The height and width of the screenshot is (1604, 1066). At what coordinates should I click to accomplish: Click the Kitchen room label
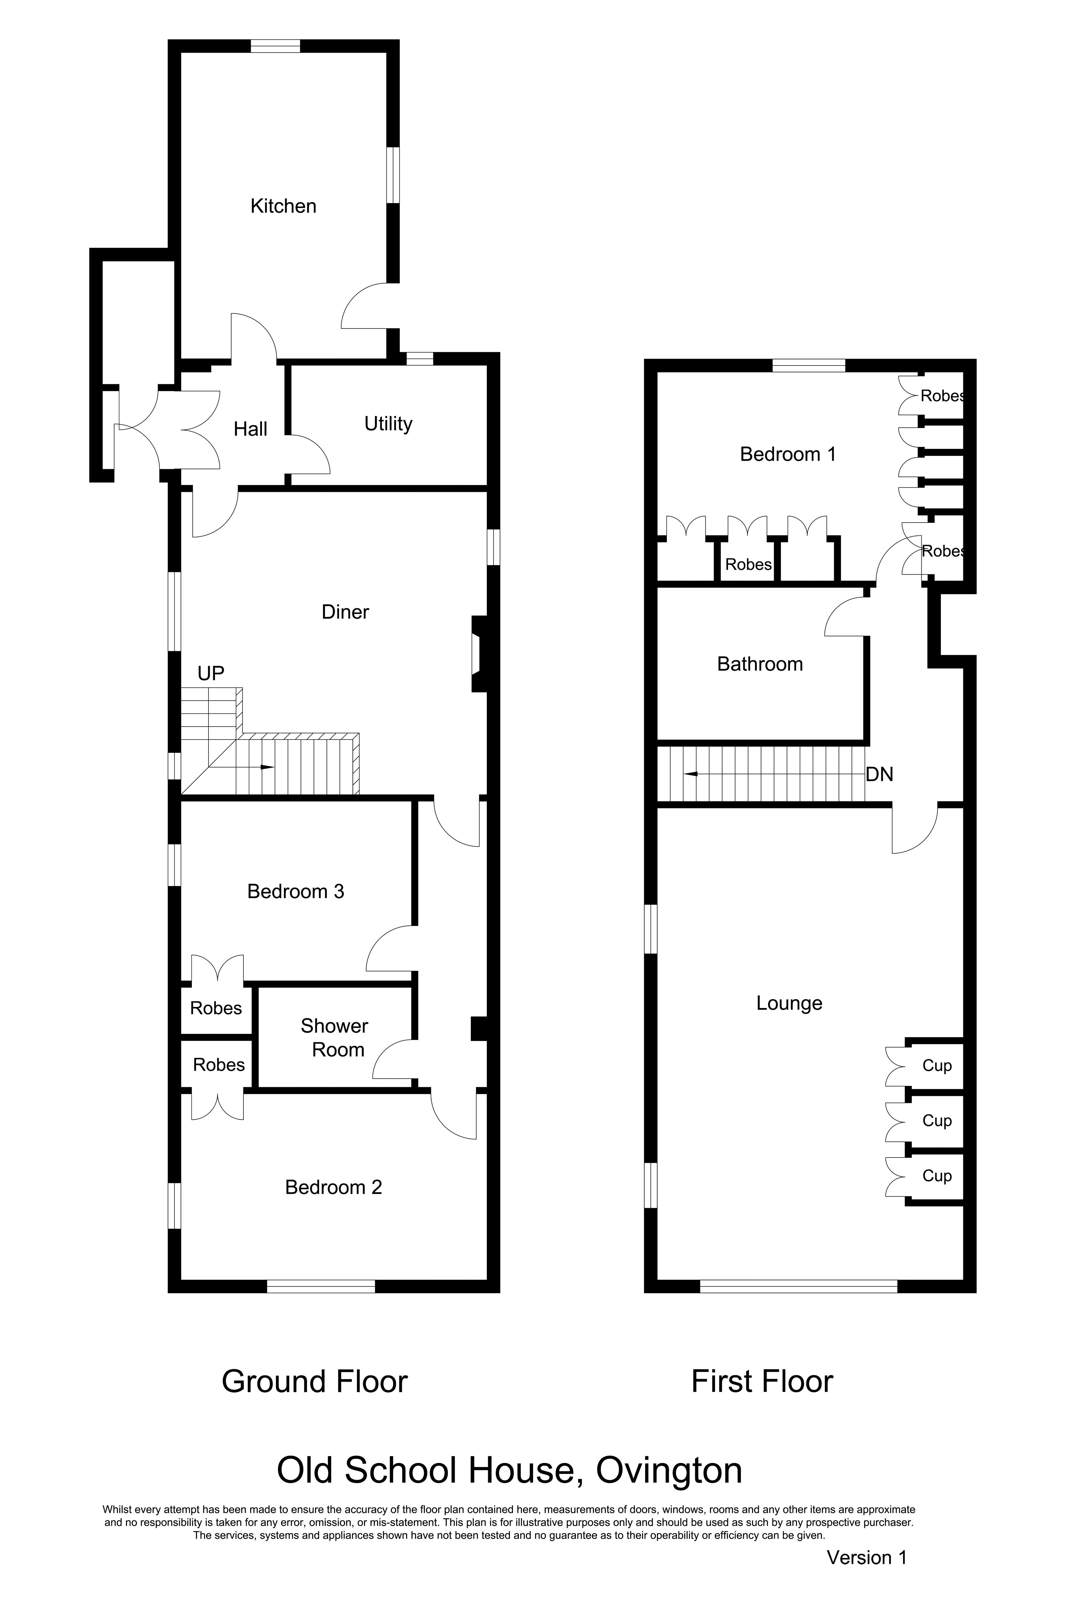click(283, 206)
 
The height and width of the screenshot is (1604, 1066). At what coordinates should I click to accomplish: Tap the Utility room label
click(388, 424)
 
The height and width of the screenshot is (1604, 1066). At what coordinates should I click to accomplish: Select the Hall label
click(250, 429)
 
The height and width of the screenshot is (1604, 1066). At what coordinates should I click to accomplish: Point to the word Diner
click(345, 612)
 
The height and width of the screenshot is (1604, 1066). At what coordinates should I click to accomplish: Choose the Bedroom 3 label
click(296, 892)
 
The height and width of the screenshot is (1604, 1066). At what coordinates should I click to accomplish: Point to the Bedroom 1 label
click(788, 454)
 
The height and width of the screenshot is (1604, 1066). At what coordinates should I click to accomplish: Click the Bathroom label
click(760, 664)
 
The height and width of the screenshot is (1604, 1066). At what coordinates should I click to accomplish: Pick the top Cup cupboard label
click(937, 1066)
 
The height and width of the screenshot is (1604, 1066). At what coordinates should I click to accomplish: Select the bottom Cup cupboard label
click(937, 1176)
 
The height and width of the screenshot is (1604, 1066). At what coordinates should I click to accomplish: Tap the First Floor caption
click(762, 1382)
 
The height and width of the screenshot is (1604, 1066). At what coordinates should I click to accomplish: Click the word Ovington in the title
click(669, 1471)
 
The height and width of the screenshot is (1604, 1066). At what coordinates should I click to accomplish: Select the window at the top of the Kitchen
click(275, 46)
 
